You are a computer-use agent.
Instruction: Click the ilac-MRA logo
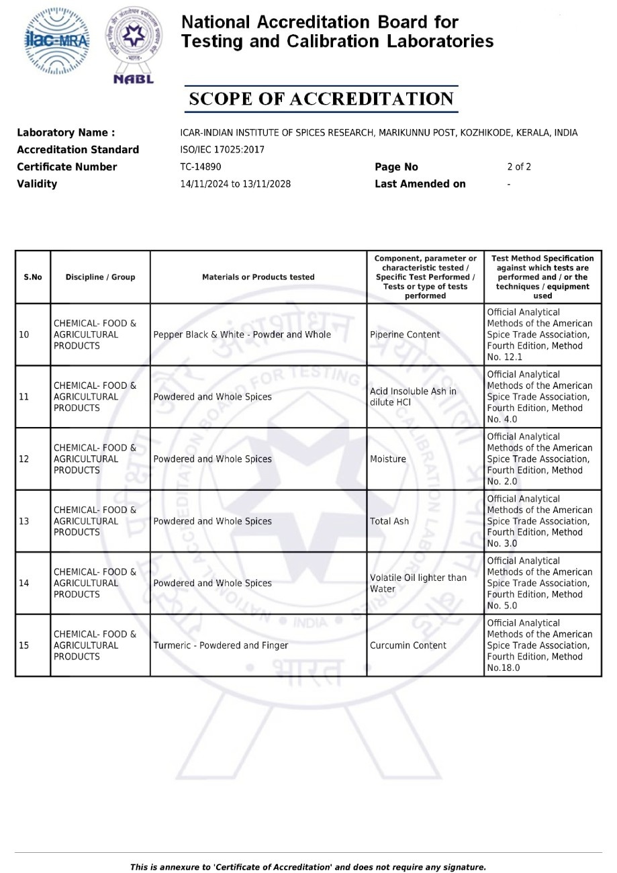(56, 41)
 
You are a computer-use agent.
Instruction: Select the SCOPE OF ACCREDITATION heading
(322, 99)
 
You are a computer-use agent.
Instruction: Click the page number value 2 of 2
(518, 167)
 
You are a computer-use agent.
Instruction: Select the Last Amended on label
(420, 184)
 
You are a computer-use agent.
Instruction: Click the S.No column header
(33, 277)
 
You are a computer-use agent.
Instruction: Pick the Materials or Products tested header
(258, 277)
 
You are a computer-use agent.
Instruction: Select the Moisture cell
(388, 459)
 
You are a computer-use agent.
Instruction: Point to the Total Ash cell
(389, 521)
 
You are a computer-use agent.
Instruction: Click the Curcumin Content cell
(408, 645)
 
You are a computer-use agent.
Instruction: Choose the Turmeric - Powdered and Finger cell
(221, 645)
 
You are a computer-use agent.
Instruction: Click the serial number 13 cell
(24, 521)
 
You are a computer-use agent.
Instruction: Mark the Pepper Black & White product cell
(242, 334)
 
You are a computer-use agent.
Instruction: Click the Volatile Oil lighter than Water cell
(418, 584)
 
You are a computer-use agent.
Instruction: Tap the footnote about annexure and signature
(308, 867)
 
